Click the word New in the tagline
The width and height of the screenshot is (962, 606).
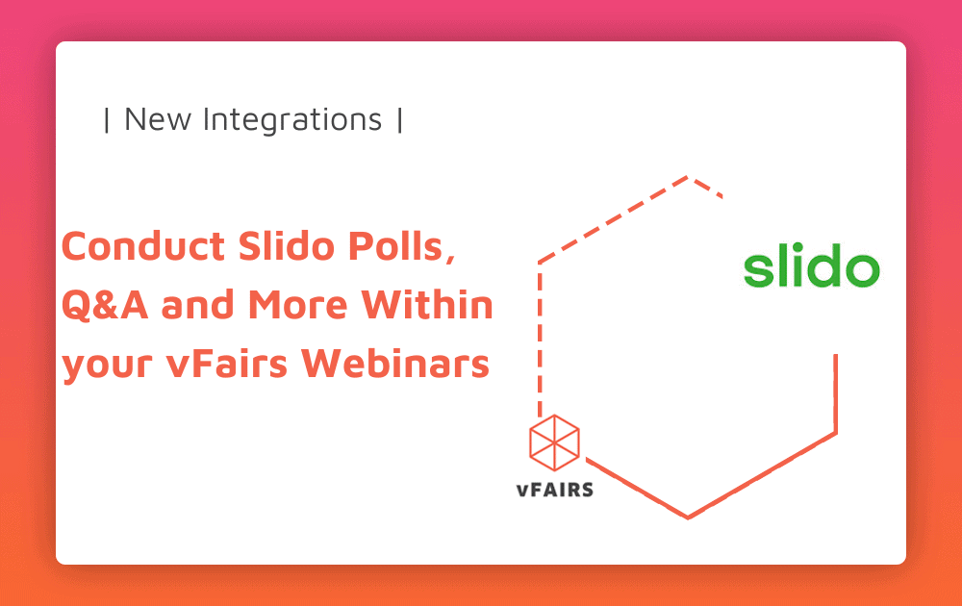point(158,119)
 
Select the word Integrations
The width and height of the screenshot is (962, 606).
point(292,119)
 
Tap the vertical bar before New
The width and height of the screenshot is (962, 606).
point(107,119)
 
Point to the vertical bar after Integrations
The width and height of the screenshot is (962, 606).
point(400,119)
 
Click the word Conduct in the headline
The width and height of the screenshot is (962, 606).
point(143,246)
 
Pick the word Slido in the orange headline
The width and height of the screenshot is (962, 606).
point(287,246)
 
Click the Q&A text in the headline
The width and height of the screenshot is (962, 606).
point(105,305)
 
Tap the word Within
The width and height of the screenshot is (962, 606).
point(427,304)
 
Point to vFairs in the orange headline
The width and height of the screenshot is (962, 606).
point(226,363)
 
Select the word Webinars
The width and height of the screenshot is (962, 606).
point(395,363)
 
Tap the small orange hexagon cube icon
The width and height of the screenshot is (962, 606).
point(555,442)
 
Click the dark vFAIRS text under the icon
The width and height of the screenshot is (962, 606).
point(555,490)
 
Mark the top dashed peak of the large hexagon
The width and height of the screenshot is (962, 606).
point(688,178)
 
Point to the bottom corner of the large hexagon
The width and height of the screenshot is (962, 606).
point(688,518)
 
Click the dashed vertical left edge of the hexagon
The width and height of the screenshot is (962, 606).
point(540,340)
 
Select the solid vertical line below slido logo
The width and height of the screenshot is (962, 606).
point(836,393)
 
